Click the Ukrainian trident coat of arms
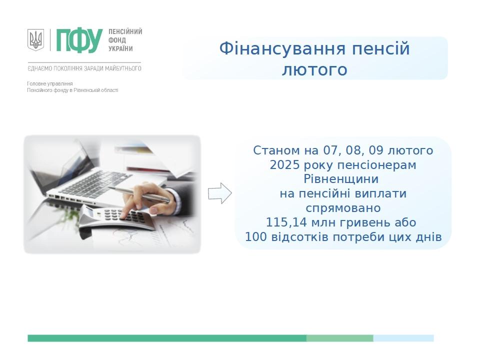(x=36, y=40)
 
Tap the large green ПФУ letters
(x=79, y=40)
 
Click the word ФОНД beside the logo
(x=117, y=40)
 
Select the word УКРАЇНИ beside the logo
(x=120, y=48)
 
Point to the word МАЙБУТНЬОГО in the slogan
(x=123, y=68)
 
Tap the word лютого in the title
(x=314, y=69)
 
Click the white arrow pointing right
(x=220, y=193)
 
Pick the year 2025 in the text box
(x=284, y=165)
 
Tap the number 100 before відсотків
(x=256, y=237)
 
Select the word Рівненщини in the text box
(x=341, y=179)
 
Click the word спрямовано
(x=343, y=208)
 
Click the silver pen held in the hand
(x=139, y=194)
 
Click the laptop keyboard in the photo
(x=92, y=184)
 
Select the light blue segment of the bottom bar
(x=403, y=338)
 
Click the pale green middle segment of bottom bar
(x=340, y=338)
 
